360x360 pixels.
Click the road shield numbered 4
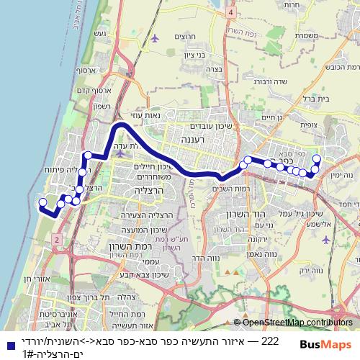tap(230, 12)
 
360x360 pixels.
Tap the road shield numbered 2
tap(56, 238)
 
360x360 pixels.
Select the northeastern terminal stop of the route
tap(315, 158)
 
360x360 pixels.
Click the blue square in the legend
tap(6, 344)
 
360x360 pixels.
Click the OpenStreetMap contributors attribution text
tap(296, 323)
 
